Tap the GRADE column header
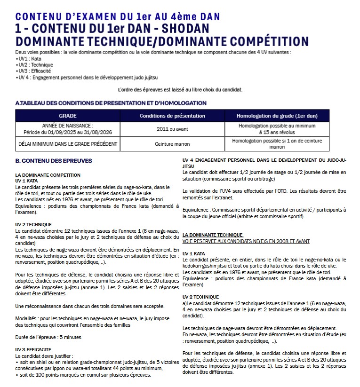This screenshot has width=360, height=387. click(x=68, y=116)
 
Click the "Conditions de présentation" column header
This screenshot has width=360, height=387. click(x=172, y=116)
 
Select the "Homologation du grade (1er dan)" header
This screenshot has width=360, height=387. click(x=276, y=116)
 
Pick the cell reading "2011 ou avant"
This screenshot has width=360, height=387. click(x=172, y=129)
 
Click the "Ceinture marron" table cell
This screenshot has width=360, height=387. click(x=172, y=144)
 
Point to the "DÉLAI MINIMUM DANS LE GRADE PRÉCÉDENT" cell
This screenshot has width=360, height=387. click(x=68, y=144)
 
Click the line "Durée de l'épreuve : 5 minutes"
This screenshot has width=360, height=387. click(x=48, y=337)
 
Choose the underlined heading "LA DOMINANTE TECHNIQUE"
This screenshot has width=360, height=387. click(x=212, y=235)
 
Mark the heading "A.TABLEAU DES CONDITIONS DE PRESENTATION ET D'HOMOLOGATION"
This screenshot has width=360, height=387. click(x=111, y=103)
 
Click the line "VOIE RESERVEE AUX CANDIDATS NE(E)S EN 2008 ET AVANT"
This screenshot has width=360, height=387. click(x=246, y=241)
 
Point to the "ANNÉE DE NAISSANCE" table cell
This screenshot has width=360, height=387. click(x=68, y=129)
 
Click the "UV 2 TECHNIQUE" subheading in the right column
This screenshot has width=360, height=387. click(x=200, y=297)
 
